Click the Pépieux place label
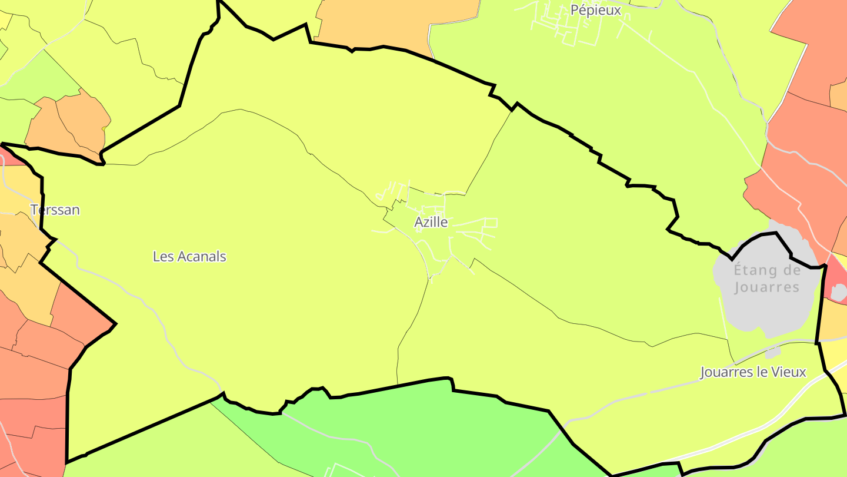[x=596, y=10]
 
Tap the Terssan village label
[x=55, y=210]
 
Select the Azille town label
[x=431, y=222]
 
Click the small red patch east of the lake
[x=835, y=283]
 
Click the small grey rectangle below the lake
[x=773, y=352]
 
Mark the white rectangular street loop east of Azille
[x=491, y=222]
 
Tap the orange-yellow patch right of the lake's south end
[x=834, y=321]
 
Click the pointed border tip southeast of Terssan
[x=115, y=323]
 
